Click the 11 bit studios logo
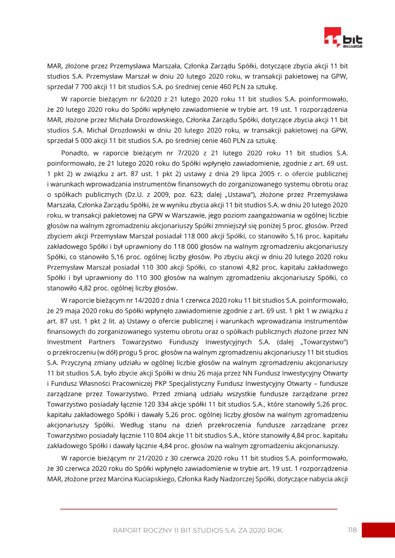click(343, 38)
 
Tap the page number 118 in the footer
click(352, 530)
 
